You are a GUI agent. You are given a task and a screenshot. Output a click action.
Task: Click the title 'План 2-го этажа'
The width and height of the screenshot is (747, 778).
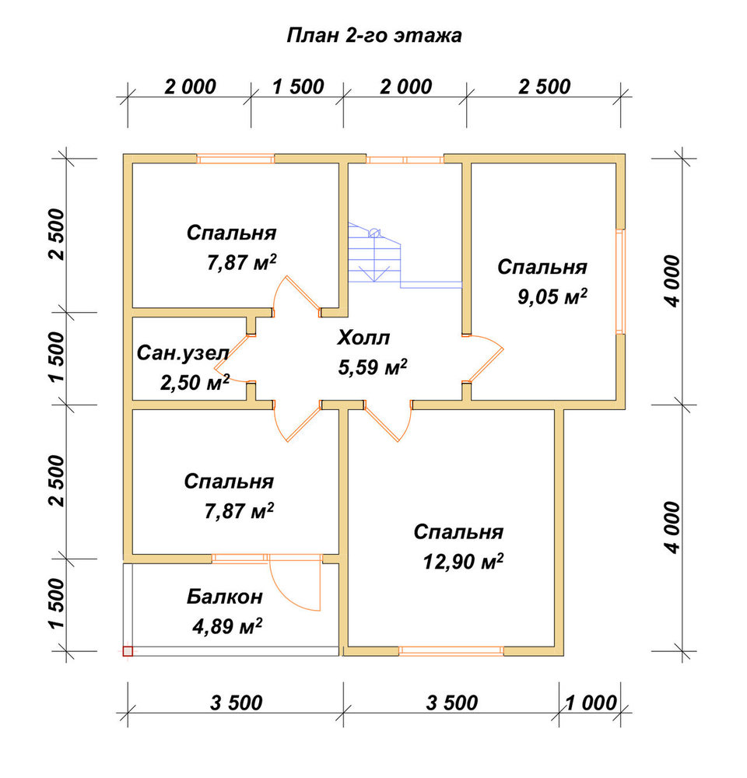coord(374,36)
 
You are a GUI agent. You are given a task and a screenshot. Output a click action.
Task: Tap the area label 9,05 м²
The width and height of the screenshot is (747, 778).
coord(552,296)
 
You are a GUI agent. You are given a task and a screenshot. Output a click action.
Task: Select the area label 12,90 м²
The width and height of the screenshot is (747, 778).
coord(463,562)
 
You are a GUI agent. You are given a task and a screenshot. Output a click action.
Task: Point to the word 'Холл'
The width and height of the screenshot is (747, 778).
coord(363,338)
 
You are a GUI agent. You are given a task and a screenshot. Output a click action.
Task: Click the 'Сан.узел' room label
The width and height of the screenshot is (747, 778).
coord(183,352)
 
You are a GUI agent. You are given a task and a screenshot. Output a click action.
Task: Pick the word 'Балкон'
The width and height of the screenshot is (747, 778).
coord(224,597)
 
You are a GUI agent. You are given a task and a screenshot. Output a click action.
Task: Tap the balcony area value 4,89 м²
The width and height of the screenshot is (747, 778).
coord(227,626)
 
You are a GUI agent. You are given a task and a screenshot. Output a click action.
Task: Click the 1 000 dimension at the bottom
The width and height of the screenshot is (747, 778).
coord(591,703)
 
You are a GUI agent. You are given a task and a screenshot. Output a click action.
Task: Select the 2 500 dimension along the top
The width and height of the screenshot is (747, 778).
coord(545,87)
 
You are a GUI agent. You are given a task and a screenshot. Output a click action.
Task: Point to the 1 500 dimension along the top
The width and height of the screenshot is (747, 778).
coord(298,87)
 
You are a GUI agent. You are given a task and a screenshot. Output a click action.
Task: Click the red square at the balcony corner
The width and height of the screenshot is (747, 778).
coord(128,651)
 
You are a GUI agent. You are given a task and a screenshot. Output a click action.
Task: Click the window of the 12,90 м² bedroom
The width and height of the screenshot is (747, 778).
coord(451,650)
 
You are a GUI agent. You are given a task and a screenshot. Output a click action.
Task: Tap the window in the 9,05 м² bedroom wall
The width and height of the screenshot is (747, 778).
coord(620,281)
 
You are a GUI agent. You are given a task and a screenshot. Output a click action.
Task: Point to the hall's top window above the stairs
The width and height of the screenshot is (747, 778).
coord(405,159)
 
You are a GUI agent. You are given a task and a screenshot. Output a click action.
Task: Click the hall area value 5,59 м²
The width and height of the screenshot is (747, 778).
coord(372,368)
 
